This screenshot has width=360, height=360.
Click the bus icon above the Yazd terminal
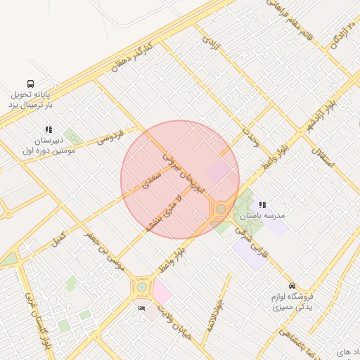pyautogui.click(x=30, y=84)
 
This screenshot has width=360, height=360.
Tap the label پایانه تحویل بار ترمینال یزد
pyautogui.click(x=31, y=99)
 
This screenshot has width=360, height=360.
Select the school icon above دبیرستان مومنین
pyautogui.click(x=49, y=130)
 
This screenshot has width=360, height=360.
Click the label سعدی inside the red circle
pyautogui.click(x=151, y=181)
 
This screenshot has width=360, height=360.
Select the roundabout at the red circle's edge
pyautogui.click(x=221, y=209)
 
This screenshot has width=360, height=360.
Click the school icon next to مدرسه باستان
pyautogui.click(x=262, y=205)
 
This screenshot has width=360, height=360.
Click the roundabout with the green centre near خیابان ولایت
pyautogui.click(x=142, y=286)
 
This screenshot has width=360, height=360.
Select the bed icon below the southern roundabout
pyautogui.click(x=142, y=308)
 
